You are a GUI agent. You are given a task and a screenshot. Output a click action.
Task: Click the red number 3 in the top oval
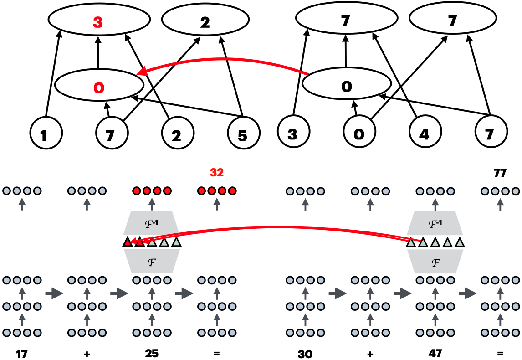tap(98, 22)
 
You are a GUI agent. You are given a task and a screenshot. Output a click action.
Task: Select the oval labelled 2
tap(205, 20)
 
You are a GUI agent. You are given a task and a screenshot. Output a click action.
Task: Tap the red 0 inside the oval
tap(99, 87)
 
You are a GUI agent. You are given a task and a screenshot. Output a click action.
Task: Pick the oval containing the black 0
tap(346, 83)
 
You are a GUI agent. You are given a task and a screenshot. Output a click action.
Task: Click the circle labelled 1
tap(46, 133)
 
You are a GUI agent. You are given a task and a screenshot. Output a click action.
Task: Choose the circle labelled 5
tap(244, 133)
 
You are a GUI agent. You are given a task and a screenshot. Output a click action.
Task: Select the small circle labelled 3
tap(294, 132)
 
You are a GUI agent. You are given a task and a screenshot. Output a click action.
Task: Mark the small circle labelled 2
tap(178, 133)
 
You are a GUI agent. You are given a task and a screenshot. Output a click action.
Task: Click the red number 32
tap(217, 173)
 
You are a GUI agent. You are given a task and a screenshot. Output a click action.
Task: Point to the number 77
tap(500, 173)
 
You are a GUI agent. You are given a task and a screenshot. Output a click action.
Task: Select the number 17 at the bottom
tap(22, 354)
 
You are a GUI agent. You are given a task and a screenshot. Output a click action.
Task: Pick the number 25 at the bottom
tap(152, 353)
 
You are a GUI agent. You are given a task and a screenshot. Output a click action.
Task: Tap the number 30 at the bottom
tap(305, 354)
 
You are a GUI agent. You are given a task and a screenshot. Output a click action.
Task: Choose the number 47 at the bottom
tap(435, 353)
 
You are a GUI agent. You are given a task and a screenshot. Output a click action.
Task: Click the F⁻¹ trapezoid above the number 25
tap(152, 223)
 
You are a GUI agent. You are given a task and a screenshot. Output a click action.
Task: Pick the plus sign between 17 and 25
tap(87, 354)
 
